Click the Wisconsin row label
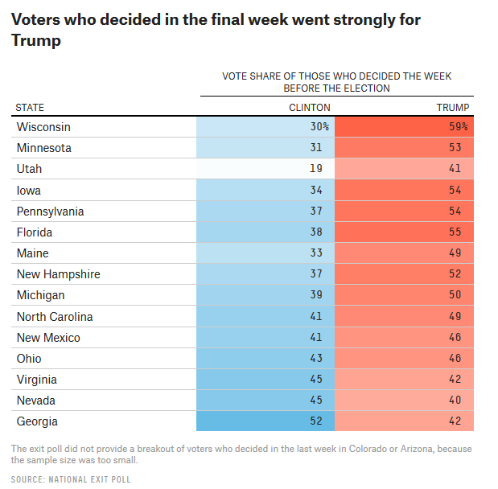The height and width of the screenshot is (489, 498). [43, 127]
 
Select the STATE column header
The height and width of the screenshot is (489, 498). [30, 108]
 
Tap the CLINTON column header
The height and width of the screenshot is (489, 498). [310, 108]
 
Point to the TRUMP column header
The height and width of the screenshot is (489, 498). [453, 108]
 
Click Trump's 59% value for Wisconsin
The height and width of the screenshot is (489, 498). [459, 127]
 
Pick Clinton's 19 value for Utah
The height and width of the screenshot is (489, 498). [316, 168]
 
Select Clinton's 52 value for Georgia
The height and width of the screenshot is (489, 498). [316, 421]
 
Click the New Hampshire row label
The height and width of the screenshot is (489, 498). [59, 274]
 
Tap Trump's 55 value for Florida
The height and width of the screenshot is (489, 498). [455, 232]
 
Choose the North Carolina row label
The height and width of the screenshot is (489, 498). [55, 317]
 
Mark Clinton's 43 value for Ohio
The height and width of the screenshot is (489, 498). [316, 358]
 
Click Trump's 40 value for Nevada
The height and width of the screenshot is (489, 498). [455, 400]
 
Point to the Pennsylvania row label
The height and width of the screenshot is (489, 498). [50, 212]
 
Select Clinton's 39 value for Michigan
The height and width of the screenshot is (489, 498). [316, 294]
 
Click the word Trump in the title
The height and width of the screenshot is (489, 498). [36, 40]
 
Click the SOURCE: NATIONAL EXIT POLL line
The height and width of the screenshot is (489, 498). [71, 479]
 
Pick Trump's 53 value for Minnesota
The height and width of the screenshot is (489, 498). [455, 147]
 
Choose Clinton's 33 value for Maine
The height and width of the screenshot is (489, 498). [316, 253]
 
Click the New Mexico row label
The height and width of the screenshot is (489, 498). [48, 338]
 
